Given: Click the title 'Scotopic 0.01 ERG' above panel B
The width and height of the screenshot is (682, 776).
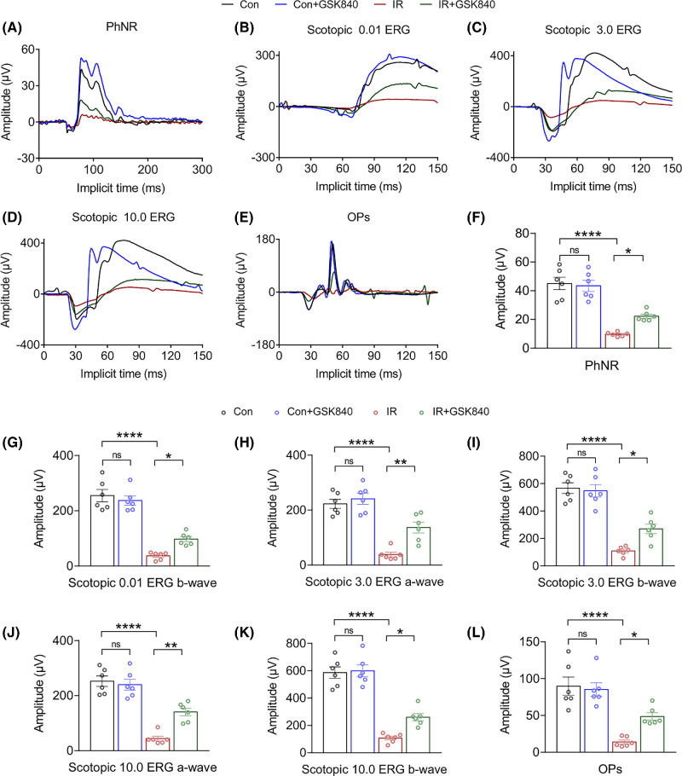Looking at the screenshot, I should point(357,34).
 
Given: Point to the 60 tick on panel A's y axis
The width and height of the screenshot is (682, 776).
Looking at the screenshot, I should point(26,49).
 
